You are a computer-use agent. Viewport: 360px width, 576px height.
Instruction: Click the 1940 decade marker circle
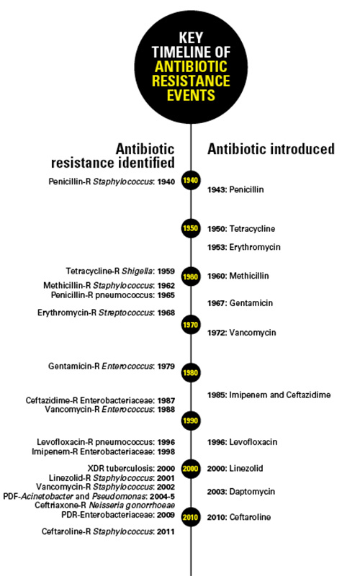(x=191, y=180)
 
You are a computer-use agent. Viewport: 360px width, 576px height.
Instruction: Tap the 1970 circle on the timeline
(x=191, y=325)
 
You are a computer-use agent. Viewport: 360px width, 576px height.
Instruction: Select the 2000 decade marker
(x=191, y=469)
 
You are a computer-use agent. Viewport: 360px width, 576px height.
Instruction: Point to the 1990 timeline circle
(x=191, y=420)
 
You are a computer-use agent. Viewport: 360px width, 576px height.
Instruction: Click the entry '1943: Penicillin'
(x=235, y=189)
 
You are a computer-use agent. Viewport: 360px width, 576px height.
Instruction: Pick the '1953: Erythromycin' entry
(x=243, y=247)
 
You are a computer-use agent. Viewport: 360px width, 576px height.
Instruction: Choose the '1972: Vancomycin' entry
(x=241, y=333)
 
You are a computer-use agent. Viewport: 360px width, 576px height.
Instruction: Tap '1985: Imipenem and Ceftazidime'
(x=269, y=395)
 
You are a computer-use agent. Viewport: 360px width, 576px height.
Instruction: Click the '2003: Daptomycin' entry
(x=240, y=492)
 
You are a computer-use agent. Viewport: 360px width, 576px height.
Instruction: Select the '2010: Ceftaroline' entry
(x=239, y=517)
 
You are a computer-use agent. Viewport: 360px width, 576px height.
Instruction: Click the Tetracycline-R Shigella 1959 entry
(x=120, y=271)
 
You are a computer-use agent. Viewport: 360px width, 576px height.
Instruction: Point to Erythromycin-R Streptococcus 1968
(x=106, y=313)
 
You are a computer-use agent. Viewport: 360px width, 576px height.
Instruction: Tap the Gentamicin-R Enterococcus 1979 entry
(x=112, y=366)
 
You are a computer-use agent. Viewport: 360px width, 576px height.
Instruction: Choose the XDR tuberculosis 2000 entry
(x=131, y=469)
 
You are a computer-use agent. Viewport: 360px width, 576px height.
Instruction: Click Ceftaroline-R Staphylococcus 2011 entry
(x=108, y=531)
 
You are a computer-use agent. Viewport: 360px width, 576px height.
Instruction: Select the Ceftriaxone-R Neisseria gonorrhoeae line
(x=104, y=505)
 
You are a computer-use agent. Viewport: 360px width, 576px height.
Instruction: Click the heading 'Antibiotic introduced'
(x=271, y=149)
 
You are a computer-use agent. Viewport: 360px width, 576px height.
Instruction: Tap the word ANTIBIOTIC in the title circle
(x=191, y=67)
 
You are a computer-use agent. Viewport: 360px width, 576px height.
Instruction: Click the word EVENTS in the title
(x=191, y=96)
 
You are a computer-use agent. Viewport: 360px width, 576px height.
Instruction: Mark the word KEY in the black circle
(x=191, y=38)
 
